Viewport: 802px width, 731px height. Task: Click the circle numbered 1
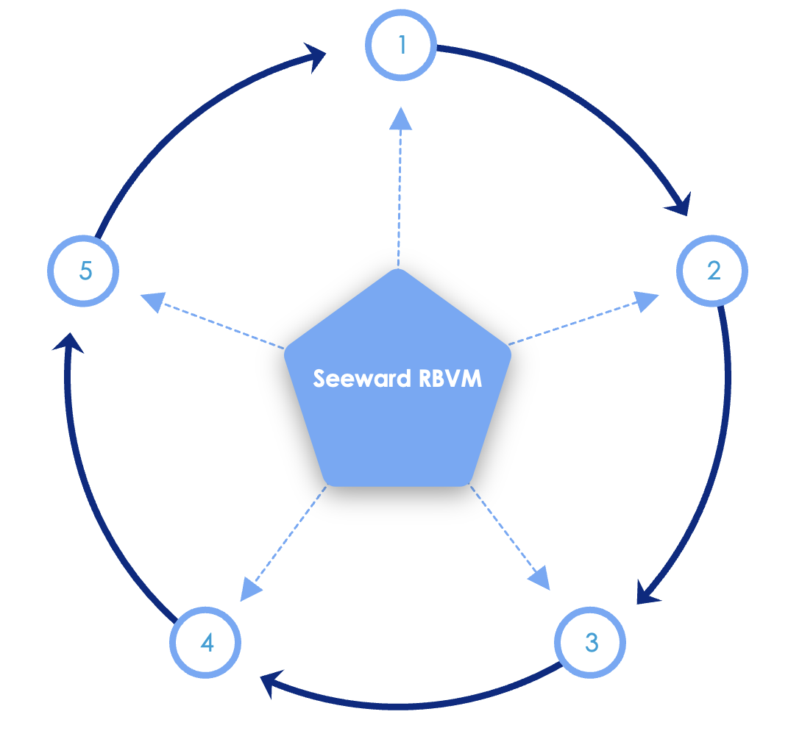(401, 46)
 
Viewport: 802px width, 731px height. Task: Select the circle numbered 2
(712, 271)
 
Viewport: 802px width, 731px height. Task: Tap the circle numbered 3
(591, 643)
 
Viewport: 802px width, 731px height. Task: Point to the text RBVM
(450, 378)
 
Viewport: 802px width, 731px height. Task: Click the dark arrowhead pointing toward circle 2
(680, 204)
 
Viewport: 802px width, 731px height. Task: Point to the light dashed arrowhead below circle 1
(400, 118)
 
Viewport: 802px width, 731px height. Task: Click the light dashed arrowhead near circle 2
(646, 300)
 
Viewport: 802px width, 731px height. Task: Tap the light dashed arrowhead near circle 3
(540, 577)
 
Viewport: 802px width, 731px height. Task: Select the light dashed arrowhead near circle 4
(251, 588)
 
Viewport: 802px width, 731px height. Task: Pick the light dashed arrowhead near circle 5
(152, 302)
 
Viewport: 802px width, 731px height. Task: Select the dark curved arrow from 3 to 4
(412, 704)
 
